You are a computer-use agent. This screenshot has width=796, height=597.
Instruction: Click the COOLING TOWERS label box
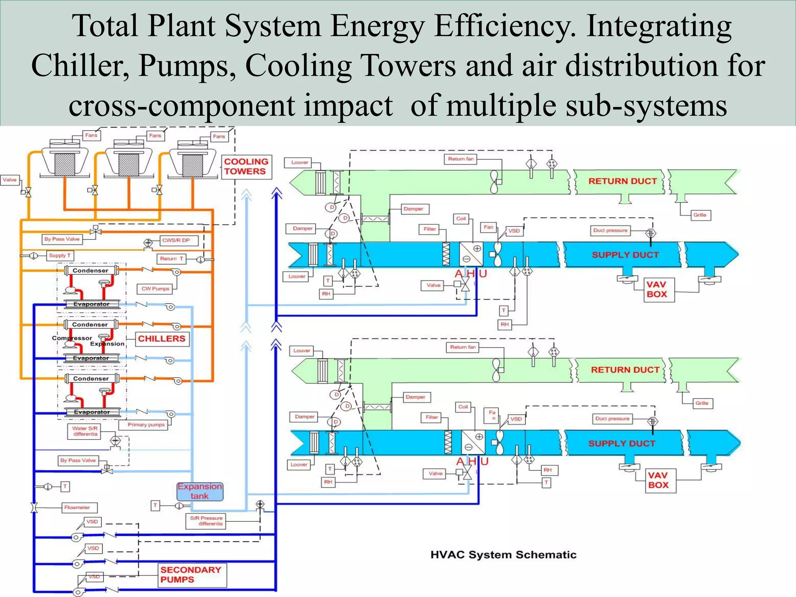(246, 167)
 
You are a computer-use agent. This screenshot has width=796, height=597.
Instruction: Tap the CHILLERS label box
(162, 339)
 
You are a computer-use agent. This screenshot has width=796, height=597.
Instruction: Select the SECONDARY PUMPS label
(191, 574)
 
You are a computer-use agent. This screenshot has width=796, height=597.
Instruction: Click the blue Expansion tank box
(200, 491)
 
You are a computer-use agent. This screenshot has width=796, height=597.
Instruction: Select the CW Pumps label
(155, 289)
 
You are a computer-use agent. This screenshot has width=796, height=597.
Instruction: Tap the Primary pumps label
(146, 424)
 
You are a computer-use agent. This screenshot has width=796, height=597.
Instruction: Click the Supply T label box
(60, 255)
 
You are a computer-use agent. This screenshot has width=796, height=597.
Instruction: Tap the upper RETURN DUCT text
(622, 181)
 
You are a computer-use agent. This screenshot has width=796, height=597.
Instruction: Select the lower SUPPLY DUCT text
(621, 443)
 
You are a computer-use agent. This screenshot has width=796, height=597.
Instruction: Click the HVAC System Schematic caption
(503, 555)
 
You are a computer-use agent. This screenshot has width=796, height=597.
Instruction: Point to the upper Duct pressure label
(610, 230)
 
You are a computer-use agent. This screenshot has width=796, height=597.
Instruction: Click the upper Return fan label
(461, 159)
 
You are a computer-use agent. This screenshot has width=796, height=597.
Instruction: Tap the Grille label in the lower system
(702, 403)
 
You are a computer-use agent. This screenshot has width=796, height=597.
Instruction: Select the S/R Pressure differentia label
(206, 521)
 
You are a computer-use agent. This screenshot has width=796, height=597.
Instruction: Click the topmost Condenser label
(91, 271)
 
